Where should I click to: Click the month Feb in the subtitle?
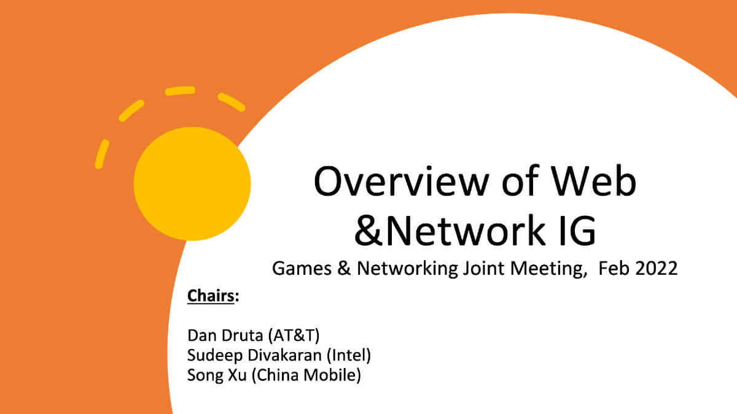tap(614, 268)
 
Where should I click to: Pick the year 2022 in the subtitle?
tap(655, 268)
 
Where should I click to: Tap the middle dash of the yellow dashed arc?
tap(179, 91)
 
